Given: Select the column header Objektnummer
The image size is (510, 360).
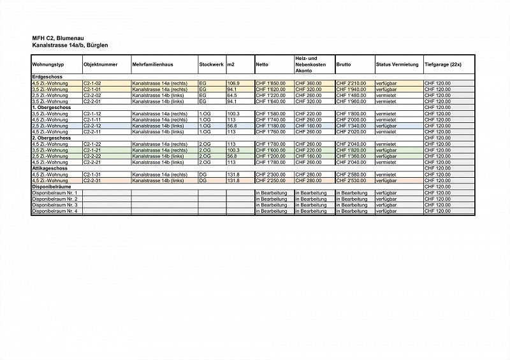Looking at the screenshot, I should [x=100, y=65].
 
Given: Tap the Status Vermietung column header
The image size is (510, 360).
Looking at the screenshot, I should [x=397, y=65].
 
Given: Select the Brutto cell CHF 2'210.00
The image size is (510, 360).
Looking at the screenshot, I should [x=350, y=83].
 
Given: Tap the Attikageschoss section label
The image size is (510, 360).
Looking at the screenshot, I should [x=51, y=168].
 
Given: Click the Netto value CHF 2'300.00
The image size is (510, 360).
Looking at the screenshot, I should [x=270, y=175].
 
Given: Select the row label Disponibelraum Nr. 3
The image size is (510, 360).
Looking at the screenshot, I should [x=55, y=205].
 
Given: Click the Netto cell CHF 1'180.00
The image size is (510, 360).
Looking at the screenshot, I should [x=270, y=126].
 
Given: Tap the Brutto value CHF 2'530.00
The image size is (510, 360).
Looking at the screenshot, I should [x=350, y=180].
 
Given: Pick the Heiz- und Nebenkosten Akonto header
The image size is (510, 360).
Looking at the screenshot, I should [x=311, y=65].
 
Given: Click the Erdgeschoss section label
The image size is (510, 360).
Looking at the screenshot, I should [x=46, y=77].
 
